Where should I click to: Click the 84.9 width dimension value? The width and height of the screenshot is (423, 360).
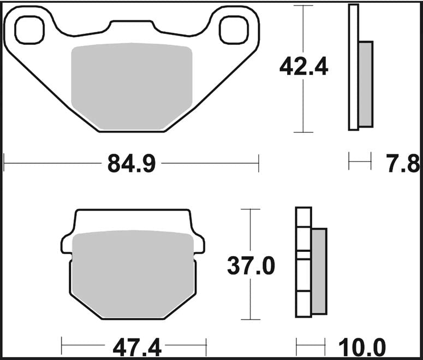coord(132,163)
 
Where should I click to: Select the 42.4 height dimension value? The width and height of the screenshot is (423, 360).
coord(303,67)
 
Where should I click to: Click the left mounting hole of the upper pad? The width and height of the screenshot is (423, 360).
coord(28,29)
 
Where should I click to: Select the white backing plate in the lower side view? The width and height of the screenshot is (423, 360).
coord(303,262)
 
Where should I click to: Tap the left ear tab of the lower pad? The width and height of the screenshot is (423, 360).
coord(67,244)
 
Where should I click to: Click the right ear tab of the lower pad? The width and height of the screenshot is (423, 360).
coord(199,244)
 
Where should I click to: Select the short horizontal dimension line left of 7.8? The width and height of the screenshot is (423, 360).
coord(360,162)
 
